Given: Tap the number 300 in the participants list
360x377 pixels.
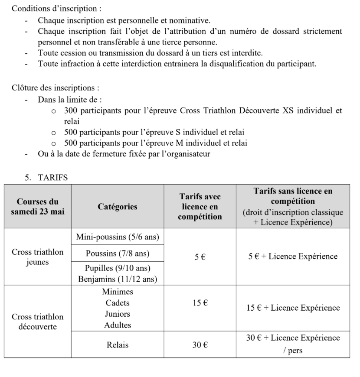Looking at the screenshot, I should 70,110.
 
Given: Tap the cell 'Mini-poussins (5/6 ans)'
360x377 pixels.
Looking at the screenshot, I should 117,237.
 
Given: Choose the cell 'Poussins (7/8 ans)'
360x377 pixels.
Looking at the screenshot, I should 117,253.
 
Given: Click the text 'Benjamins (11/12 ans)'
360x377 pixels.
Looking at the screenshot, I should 117,278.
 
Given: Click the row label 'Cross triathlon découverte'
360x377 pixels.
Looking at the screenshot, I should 37,321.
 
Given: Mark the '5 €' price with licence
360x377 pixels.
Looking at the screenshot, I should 200,257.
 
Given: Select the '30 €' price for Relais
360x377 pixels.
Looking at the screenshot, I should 200,345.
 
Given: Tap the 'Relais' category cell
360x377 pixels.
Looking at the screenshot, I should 117,345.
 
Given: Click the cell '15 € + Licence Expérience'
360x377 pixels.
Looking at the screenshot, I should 293,308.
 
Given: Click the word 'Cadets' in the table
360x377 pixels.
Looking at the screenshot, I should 117,303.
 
